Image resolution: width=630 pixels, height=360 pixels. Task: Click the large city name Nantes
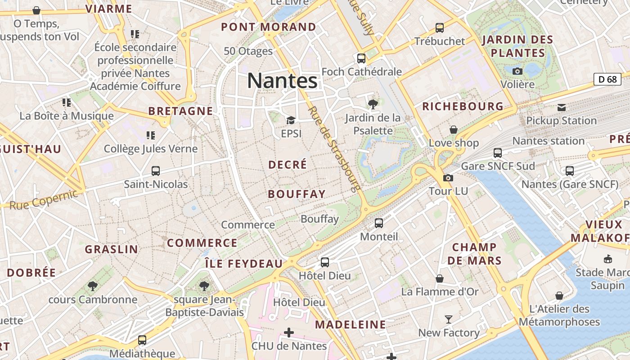click(282, 81)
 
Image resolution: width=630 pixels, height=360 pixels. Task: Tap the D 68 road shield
click(607, 79)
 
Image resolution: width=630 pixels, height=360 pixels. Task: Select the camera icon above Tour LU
click(448, 178)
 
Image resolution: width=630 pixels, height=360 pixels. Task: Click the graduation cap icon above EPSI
click(291, 120)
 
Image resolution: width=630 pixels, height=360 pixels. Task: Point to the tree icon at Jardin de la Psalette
click(373, 104)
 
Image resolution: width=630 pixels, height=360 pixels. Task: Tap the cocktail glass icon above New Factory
click(449, 319)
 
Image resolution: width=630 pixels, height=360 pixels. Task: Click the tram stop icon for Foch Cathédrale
click(361, 58)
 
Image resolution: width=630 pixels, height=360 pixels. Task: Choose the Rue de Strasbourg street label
click(334, 149)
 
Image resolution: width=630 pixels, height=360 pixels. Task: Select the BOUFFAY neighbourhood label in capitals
click(297, 194)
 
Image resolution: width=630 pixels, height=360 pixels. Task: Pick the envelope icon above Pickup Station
click(562, 107)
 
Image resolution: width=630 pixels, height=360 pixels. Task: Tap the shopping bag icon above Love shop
click(454, 130)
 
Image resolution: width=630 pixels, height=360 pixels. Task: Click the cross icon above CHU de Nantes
click(289, 333)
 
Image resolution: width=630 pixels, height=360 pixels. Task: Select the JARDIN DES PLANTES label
click(517, 46)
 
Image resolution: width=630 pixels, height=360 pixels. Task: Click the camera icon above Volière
click(517, 71)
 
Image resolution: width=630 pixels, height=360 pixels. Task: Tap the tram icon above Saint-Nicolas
click(156, 171)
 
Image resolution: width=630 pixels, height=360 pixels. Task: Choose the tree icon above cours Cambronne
click(93, 286)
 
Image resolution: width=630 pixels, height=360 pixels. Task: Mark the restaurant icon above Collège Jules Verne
click(150, 135)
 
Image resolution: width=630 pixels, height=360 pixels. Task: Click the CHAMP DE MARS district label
click(474, 254)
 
